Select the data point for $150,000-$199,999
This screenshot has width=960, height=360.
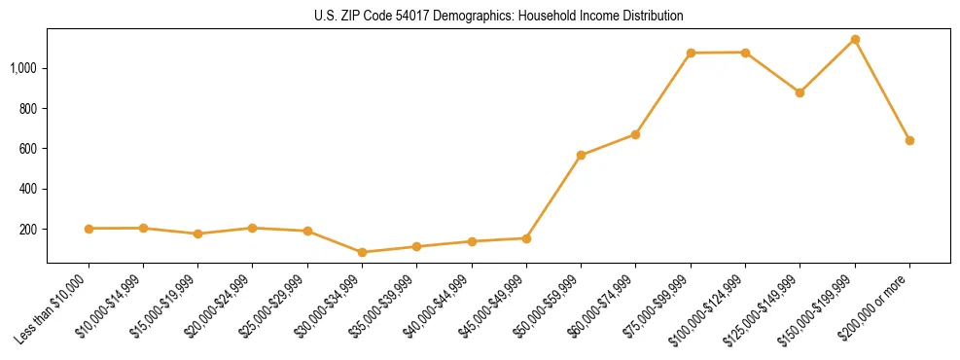[855, 40]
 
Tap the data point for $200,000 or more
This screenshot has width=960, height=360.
[909, 140]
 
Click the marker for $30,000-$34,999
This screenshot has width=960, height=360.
[362, 252]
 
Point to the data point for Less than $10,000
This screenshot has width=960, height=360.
[89, 229]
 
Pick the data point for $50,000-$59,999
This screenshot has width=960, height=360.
[581, 155]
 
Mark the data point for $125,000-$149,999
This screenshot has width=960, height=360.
[800, 92]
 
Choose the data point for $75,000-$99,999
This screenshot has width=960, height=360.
[691, 53]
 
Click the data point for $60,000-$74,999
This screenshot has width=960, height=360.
[635, 134]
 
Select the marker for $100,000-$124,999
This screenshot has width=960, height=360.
[745, 53]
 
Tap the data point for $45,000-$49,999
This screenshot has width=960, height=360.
[526, 238]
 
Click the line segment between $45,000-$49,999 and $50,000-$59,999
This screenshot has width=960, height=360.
[553, 197]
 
